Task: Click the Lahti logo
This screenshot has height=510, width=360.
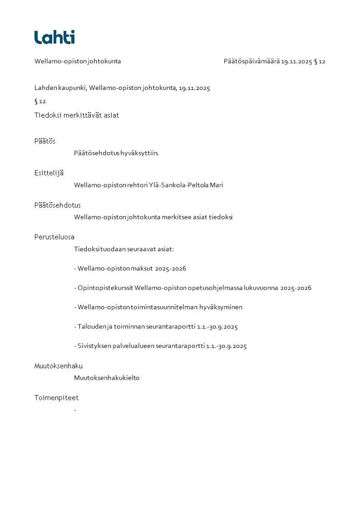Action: (54, 37)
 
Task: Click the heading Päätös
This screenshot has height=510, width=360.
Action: (44, 141)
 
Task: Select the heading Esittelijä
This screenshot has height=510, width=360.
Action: (49, 173)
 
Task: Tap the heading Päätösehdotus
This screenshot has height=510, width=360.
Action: (58, 205)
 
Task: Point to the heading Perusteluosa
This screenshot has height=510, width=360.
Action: (54, 237)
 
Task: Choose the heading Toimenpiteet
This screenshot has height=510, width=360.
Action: (56, 398)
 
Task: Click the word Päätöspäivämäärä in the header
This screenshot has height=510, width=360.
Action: (252, 61)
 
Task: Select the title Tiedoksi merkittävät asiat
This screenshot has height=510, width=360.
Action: (77, 115)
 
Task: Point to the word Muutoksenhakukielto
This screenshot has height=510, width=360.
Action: (107, 378)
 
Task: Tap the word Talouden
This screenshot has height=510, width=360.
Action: (90, 327)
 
